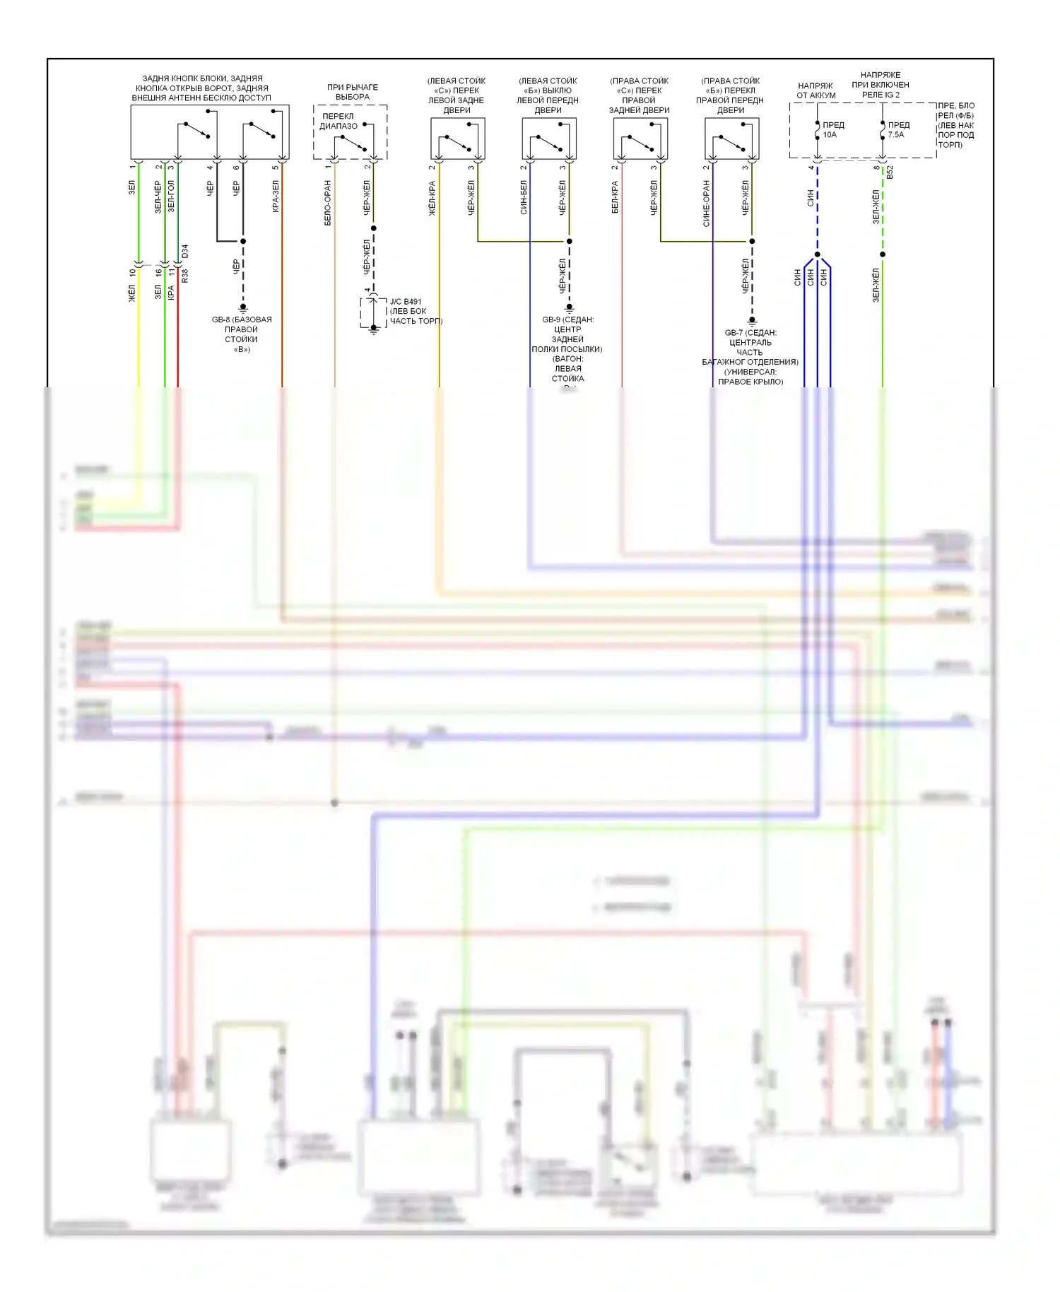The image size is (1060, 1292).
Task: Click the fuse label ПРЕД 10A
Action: (x=832, y=129)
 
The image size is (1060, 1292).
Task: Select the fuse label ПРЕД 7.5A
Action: (x=898, y=129)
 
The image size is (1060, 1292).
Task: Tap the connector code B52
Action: (x=890, y=172)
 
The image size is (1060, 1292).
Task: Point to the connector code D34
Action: (x=185, y=251)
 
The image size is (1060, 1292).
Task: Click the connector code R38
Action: (x=185, y=276)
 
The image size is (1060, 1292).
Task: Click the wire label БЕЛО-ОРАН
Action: (x=328, y=203)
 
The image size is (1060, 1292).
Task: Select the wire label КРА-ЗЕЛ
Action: (x=276, y=196)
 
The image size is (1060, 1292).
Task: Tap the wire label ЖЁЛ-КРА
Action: (x=432, y=198)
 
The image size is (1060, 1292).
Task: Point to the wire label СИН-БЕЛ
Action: (x=524, y=197)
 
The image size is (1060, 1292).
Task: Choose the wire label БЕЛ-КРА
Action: (x=615, y=197)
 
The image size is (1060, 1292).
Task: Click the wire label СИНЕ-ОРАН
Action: (x=706, y=203)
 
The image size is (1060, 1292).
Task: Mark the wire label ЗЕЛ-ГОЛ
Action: (x=170, y=196)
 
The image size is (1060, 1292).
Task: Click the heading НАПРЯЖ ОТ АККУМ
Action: (x=816, y=90)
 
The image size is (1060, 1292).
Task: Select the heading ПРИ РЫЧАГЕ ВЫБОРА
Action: (x=352, y=92)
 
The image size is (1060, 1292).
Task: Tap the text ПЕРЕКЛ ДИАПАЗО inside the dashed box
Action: (x=338, y=121)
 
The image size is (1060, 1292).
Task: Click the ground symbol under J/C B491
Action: (x=374, y=329)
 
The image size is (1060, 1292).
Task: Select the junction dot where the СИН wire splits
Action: (x=817, y=254)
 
